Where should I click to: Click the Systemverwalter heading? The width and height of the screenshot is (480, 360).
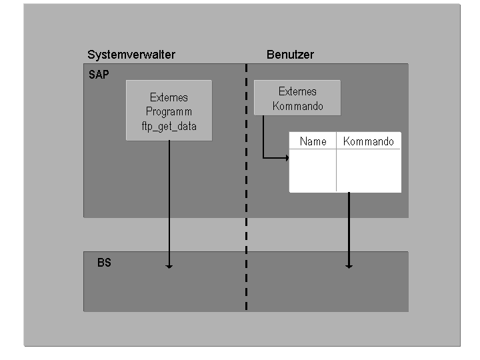click(131, 55)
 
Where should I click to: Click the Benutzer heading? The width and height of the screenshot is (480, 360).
click(290, 55)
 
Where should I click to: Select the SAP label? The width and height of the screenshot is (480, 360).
click(98, 75)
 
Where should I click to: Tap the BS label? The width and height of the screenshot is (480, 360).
click(104, 263)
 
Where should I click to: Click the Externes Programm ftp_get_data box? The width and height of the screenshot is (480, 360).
click(169, 111)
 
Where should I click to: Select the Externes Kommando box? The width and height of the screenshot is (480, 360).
click(297, 99)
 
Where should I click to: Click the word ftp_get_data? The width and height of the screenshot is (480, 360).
click(169, 126)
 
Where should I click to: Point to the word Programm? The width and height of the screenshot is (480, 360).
click(169, 111)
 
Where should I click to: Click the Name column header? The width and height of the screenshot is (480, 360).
click(313, 141)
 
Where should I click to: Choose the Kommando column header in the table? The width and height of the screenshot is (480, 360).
click(368, 141)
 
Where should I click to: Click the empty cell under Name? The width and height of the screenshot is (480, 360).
click(313, 170)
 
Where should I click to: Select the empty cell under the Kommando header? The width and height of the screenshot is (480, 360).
click(368, 170)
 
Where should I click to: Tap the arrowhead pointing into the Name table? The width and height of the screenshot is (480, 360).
click(287, 158)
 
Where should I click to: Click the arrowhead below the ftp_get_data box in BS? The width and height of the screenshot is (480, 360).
click(169, 266)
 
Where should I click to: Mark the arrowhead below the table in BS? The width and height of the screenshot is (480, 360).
click(348, 266)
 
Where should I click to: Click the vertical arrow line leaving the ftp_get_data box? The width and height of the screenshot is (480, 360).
click(169, 200)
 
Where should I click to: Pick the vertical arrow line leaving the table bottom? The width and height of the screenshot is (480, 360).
click(348, 227)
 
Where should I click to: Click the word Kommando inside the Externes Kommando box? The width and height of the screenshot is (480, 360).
click(297, 106)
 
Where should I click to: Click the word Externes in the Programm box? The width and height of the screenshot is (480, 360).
click(169, 97)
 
